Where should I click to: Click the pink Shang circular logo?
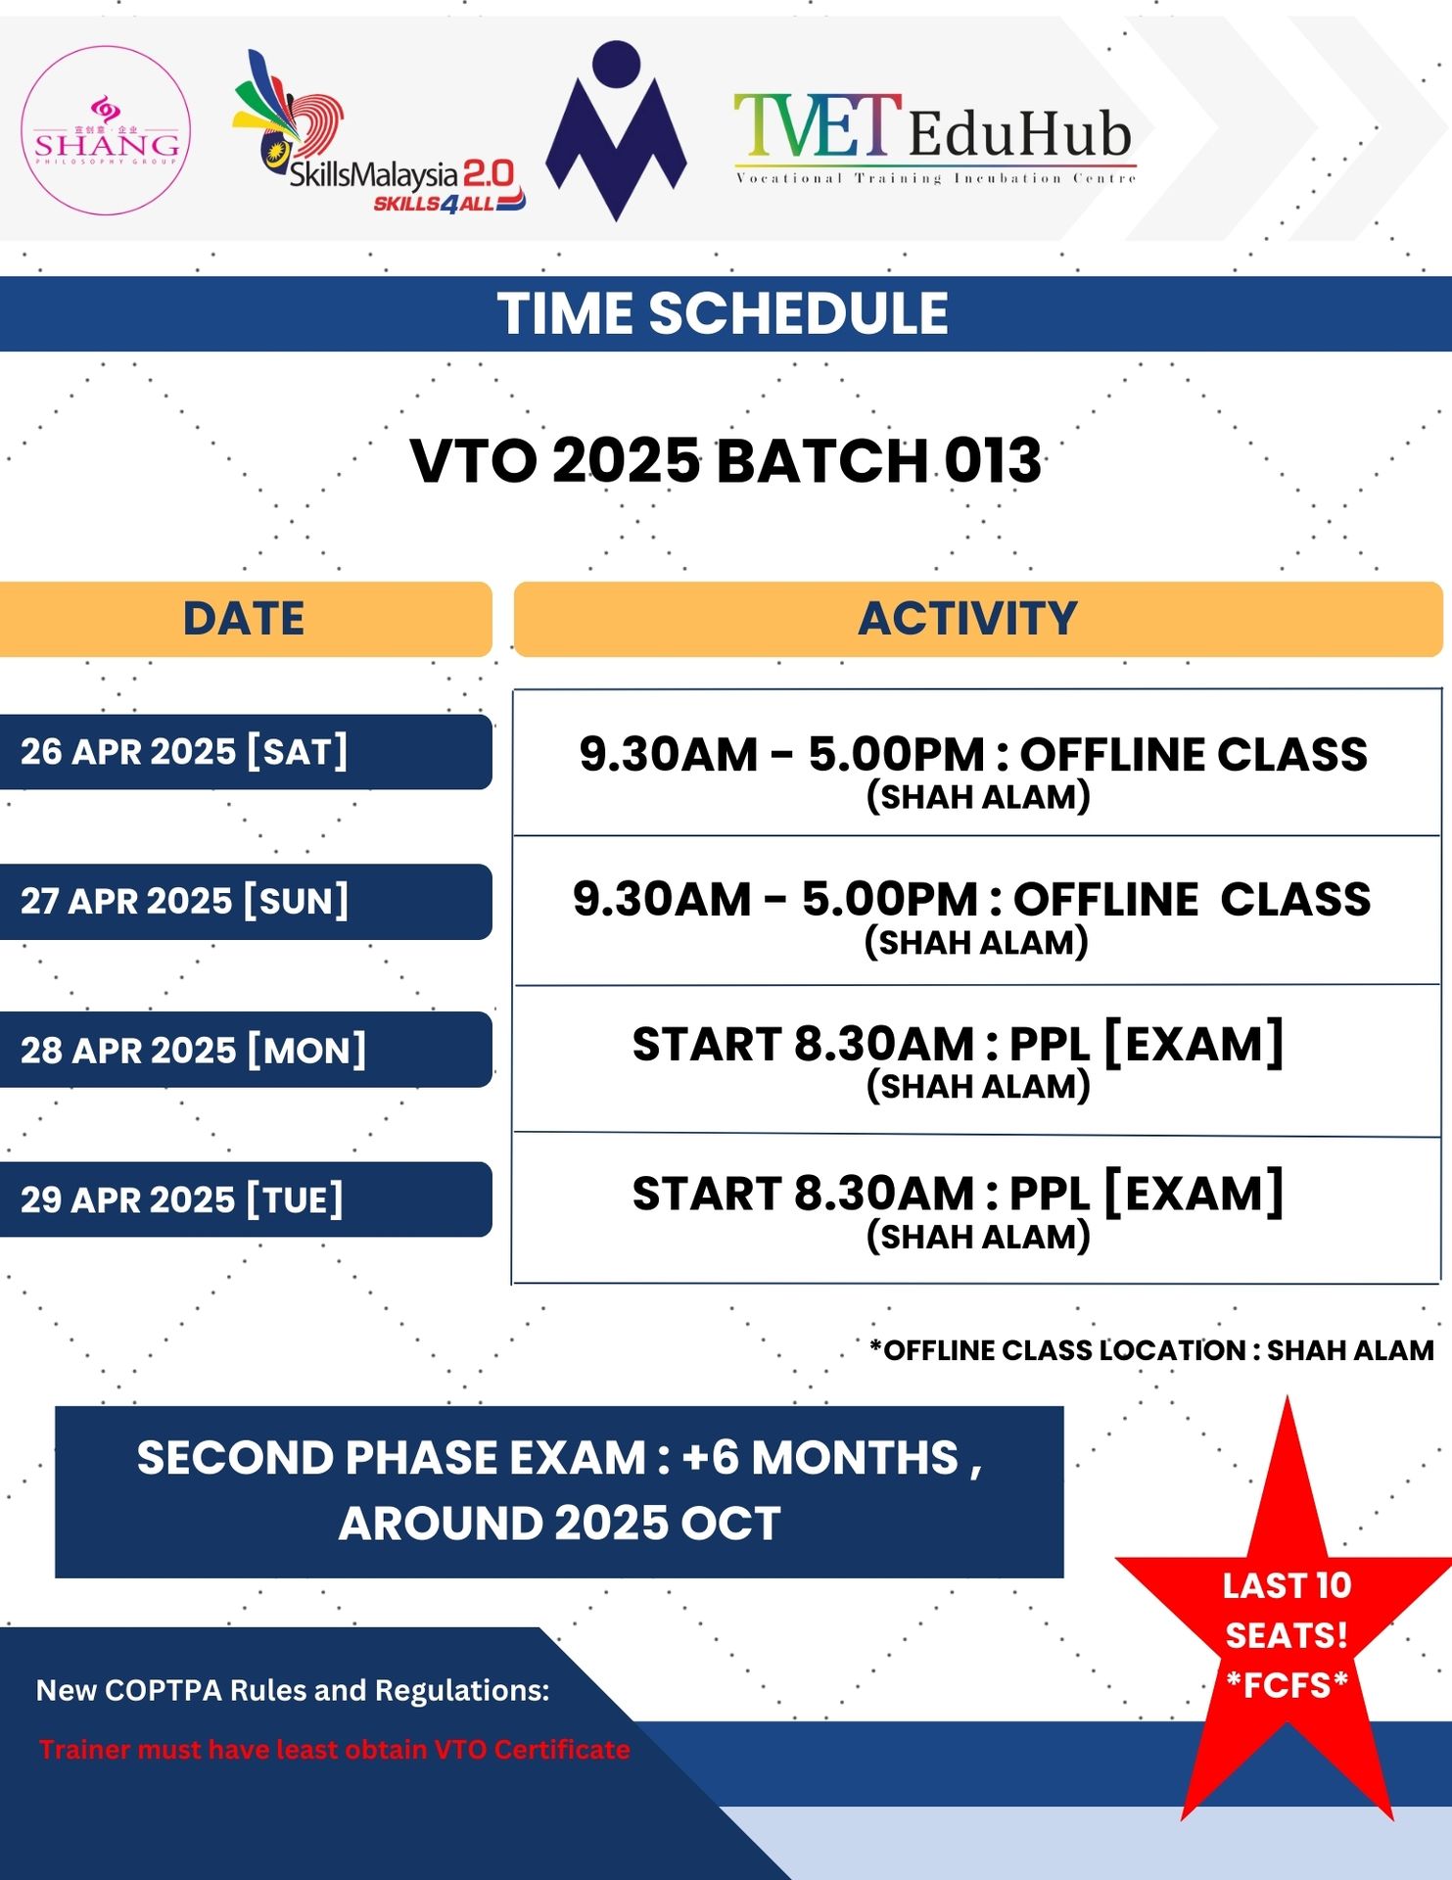coord(106,130)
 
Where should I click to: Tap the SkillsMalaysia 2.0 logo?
coord(379,132)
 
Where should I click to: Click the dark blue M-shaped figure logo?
coord(616,130)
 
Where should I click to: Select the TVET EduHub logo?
coord(935,138)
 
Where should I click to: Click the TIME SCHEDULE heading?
coord(723,314)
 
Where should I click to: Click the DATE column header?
coord(245,619)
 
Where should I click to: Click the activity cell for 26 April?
coord(977,764)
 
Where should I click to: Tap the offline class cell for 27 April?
coord(977,911)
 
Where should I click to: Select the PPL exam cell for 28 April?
coord(977,1059)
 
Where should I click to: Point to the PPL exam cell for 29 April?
coord(977,1209)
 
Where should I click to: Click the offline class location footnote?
coord(1151,1350)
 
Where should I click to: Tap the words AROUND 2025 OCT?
coord(560,1524)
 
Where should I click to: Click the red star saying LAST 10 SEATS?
coord(1287,1625)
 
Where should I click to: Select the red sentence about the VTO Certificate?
coord(334,1750)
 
